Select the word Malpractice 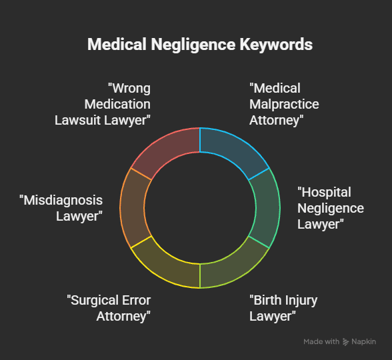(284, 104)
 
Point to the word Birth (266, 299)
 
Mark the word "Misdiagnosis (61, 200)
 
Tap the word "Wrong (129, 88)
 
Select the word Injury (301, 299)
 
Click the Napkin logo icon (345, 342)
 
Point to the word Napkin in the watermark (364, 341)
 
